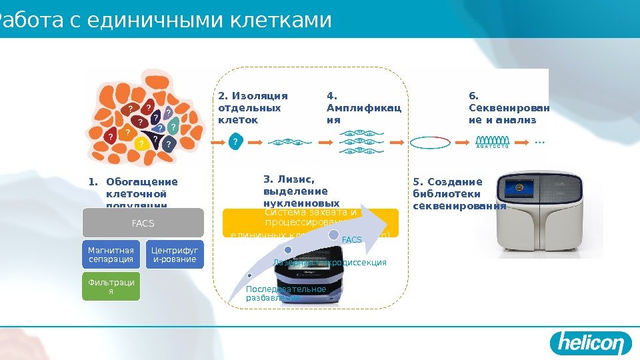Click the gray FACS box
[x=143, y=223]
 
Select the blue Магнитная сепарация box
[x=111, y=255]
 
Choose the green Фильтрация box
[x=111, y=287]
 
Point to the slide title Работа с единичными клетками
[x=165, y=20]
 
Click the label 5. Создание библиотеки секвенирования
[x=459, y=193]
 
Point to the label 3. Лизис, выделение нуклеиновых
[x=301, y=191]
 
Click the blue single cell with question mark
[x=235, y=142]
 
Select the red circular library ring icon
[x=430, y=142]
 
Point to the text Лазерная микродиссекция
[x=330, y=263]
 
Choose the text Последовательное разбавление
[x=285, y=293]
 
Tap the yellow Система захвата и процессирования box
[x=310, y=223]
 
